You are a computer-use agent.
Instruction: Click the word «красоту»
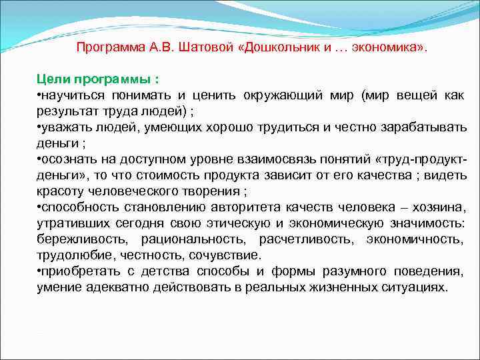[x=59, y=191]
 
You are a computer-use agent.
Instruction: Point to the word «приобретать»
[x=77, y=271]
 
